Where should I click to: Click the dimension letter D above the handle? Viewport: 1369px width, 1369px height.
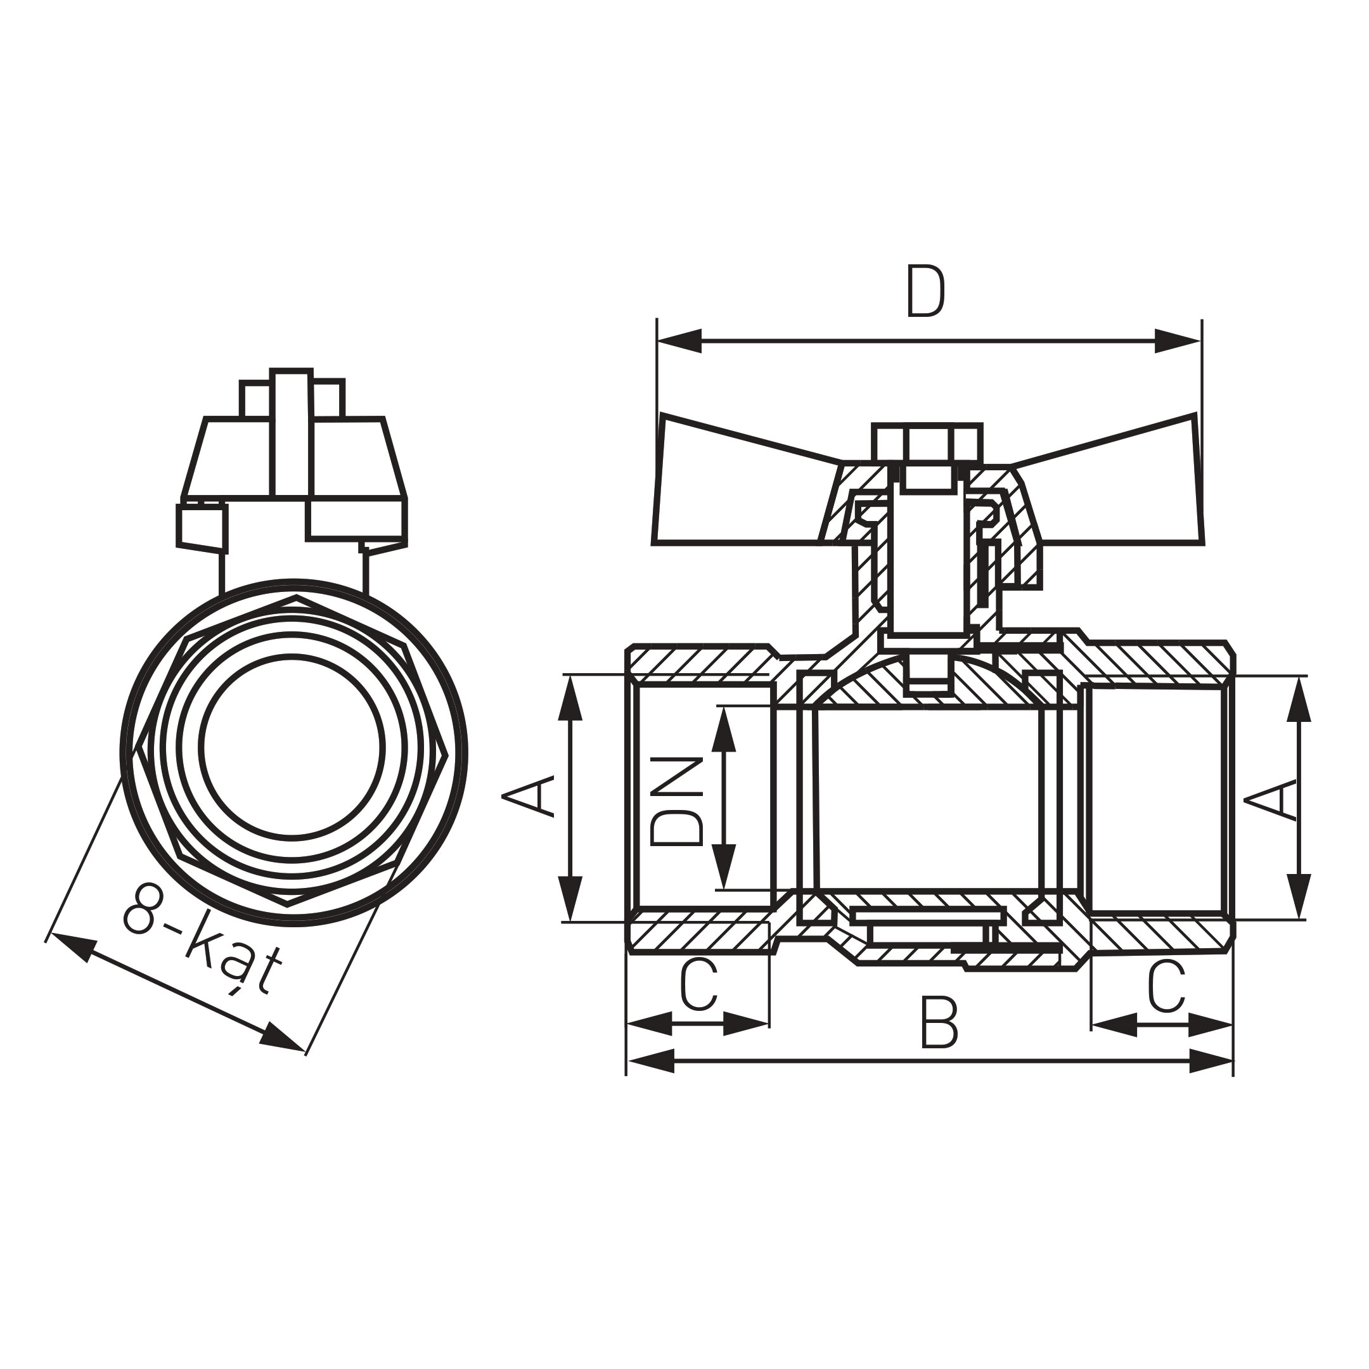(x=925, y=292)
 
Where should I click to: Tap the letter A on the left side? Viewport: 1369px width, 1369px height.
(x=528, y=796)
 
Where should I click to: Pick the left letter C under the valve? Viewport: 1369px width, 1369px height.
(x=698, y=984)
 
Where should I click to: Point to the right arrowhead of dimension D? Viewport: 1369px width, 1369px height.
(x=1179, y=341)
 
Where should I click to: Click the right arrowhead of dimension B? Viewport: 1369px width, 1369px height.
(x=1212, y=1062)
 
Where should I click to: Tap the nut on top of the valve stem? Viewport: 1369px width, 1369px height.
(x=927, y=444)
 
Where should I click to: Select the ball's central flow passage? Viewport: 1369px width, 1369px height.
(x=929, y=797)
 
